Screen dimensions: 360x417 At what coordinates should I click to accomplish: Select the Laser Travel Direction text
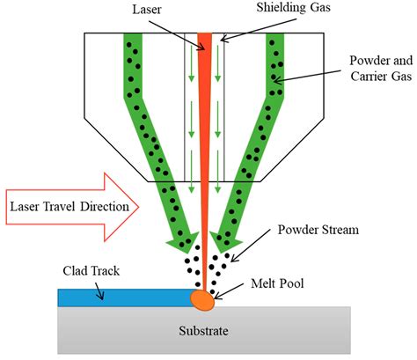[70, 208]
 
